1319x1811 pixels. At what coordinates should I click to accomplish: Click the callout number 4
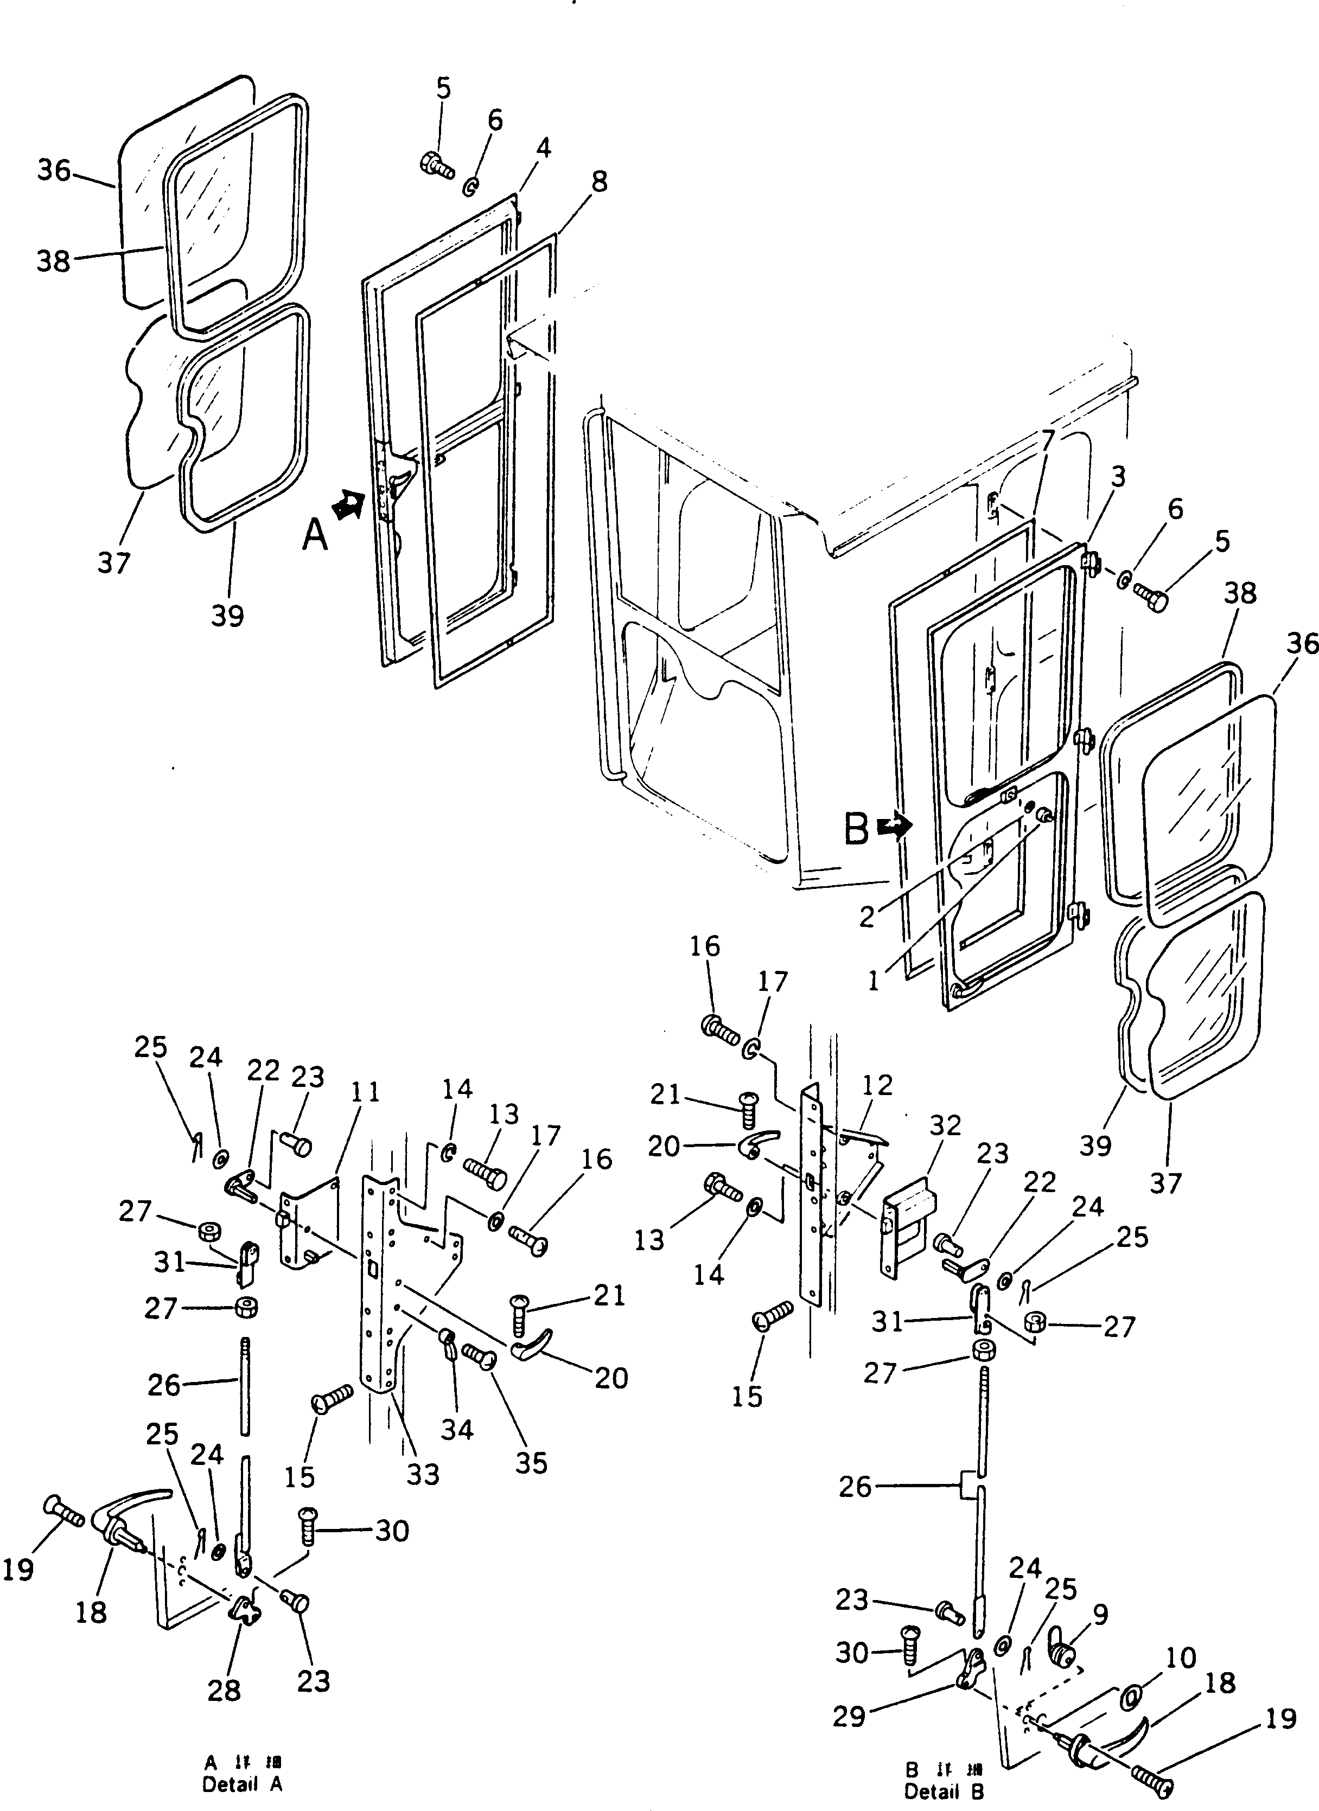pyautogui.click(x=543, y=148)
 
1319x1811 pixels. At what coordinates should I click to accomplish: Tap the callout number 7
pyautogui.click(x=1047, y=438)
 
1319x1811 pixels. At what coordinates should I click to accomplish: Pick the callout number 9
pyautogui.click(x=1101, y=1615)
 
